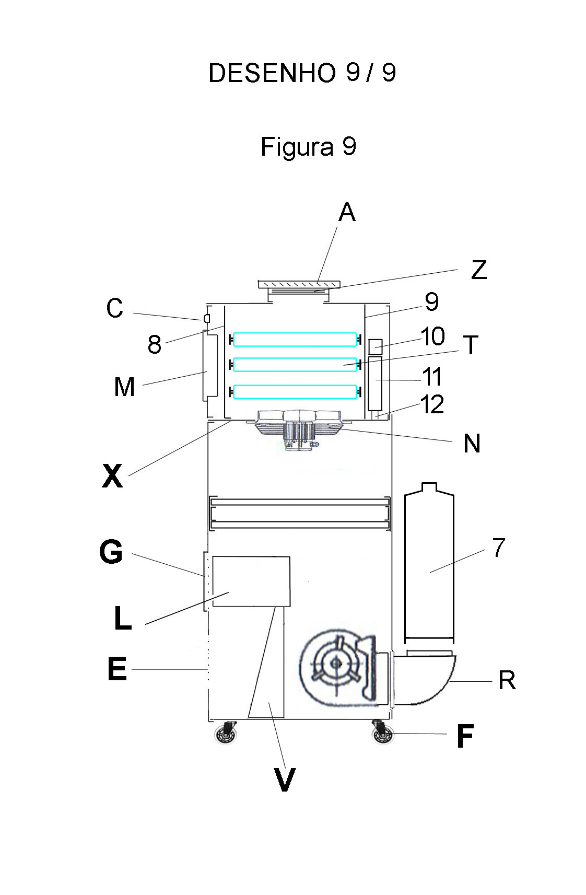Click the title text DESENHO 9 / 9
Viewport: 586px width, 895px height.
[302, 73]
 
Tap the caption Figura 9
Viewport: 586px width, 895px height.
[308, 147]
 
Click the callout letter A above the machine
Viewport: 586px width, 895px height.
[347, 213]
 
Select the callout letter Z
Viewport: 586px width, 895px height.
[478, 270]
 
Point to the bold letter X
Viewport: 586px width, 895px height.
[112, 476]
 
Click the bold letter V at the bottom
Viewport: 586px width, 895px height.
[284, 781]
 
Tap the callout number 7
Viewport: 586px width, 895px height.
[499, 548]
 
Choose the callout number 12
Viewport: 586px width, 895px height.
[432, 405]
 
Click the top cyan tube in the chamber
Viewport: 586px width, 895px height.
[295, 340]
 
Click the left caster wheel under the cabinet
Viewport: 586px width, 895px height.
[227, 734]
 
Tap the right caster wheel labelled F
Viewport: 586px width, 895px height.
[382, 734]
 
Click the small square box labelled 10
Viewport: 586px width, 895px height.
[376, 346]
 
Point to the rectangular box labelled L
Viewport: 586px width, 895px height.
[251, 581]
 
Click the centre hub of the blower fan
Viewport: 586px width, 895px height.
[335, 663]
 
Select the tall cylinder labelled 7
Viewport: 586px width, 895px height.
[429, 564]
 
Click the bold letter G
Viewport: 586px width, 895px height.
[111, 552]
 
